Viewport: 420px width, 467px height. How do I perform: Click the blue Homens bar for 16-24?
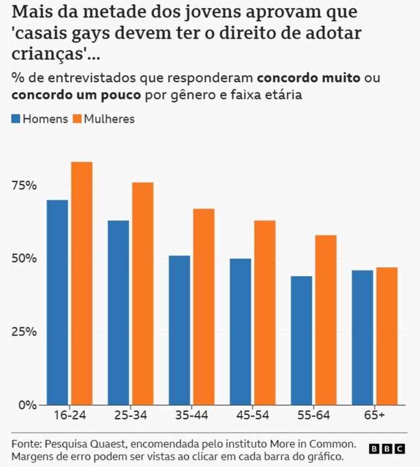[57, 302]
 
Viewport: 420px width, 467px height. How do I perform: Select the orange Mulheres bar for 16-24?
[82, 284]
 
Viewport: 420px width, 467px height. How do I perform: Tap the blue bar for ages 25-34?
[118, 313]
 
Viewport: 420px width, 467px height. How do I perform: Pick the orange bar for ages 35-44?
[204, 307]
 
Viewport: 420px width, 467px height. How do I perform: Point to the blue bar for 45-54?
[240, 332]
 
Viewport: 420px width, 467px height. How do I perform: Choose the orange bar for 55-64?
[326, 320]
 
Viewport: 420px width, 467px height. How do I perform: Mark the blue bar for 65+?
[362, 338]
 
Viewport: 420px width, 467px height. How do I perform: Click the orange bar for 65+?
[387, 336]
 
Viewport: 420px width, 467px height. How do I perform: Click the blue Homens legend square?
[16, 119]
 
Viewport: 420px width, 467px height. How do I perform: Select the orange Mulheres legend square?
[78, 119]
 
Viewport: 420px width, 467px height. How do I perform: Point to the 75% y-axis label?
[24, 186]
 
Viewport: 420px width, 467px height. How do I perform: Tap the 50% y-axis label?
[24, 259]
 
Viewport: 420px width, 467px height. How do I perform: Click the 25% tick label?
[24, 332]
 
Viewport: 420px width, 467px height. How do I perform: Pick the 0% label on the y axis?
[27, 405]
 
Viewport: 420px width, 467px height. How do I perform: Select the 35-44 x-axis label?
[192, 415]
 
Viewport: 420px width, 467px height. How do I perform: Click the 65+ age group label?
[374, 415]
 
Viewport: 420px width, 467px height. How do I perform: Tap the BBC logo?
[387, 448]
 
